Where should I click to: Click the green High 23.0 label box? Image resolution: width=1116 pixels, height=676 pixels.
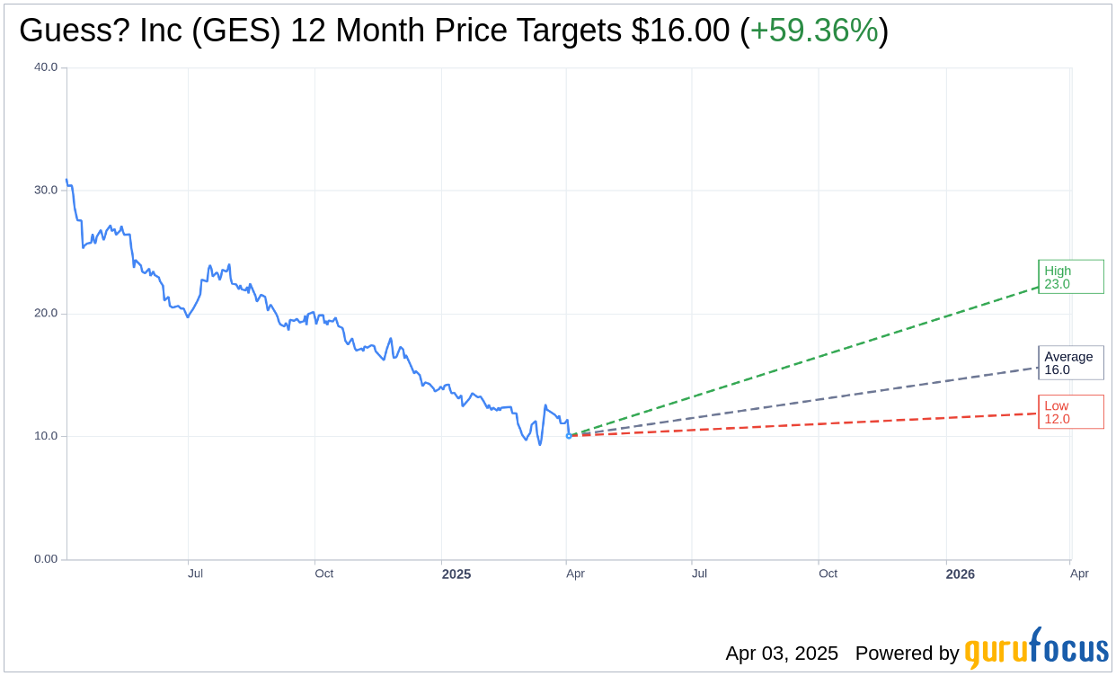tap(1070, 277)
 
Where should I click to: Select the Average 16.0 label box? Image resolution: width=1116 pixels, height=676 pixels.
tap(1070, 363)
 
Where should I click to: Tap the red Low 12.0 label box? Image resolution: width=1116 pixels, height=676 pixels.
tap(1070, 412)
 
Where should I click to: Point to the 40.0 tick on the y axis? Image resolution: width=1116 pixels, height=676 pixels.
tap(46, 67)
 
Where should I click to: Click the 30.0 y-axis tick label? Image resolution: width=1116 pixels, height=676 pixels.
tap(46, 191)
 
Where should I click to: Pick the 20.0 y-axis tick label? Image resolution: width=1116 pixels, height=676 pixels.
tap(46, 314)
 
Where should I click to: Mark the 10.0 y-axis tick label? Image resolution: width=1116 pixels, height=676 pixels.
tap(46, 436)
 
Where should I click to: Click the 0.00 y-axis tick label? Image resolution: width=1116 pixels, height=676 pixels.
tap(46, 559)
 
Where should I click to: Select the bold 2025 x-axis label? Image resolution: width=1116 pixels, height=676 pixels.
tap(456, 574)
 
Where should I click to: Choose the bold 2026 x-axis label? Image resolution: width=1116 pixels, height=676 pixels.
tap(960, 574)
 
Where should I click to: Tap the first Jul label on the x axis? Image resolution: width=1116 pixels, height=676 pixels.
tap(195, 574)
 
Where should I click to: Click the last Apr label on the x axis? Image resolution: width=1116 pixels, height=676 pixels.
tap(1079, 574)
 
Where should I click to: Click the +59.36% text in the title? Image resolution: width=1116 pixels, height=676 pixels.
tap(813, 31)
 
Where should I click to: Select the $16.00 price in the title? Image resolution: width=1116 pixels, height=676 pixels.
tap(680, 31)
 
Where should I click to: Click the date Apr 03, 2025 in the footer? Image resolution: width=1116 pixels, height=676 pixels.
tap(782, 654)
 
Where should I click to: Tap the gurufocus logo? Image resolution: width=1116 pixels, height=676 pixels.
tap(1036, 649)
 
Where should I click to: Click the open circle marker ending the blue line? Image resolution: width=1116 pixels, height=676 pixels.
tap(569, 435)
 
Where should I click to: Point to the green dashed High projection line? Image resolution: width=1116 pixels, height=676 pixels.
tap(809, 360)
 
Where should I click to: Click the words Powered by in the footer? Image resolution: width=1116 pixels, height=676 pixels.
tap(907, 654)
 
